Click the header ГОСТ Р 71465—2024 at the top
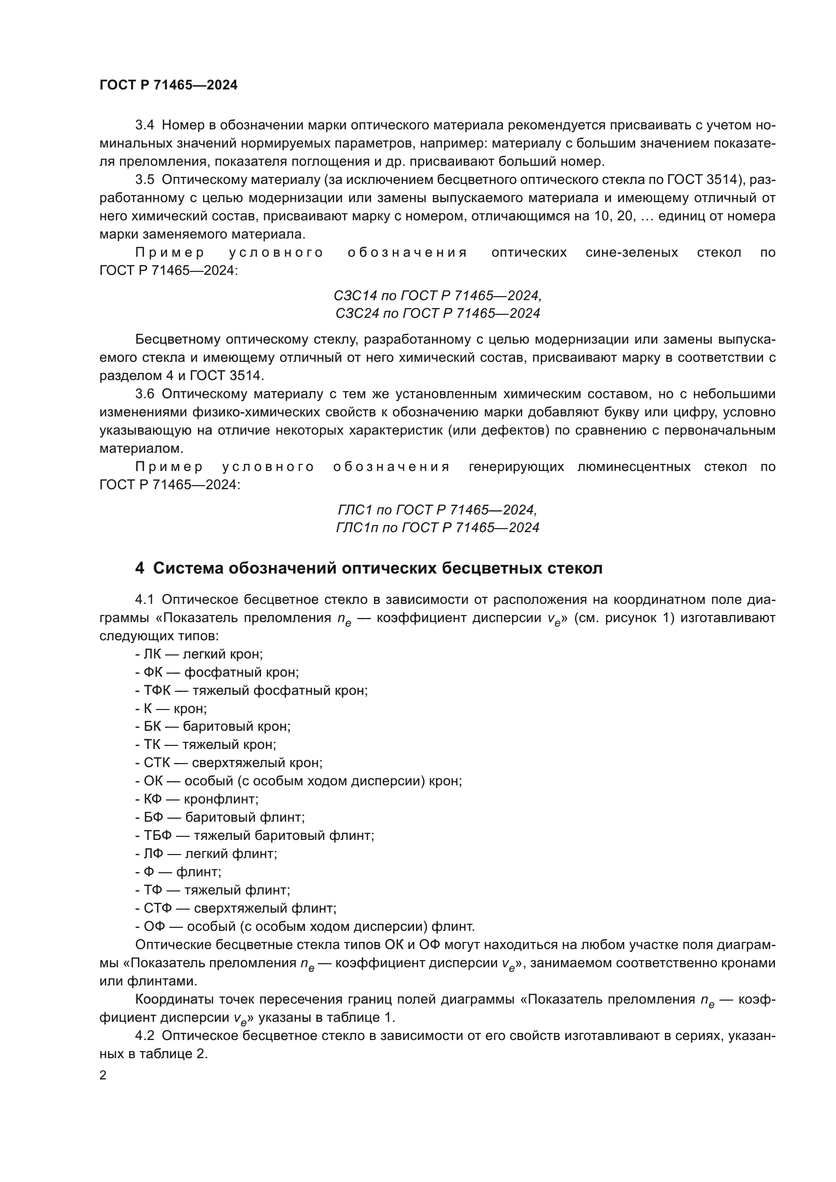[168, 85]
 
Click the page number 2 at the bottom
[103, 1075]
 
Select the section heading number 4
[140, 569]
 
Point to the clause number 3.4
[145, 125]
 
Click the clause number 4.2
[145, 1036]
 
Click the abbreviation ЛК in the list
[152, 654]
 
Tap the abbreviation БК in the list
[152, 726]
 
